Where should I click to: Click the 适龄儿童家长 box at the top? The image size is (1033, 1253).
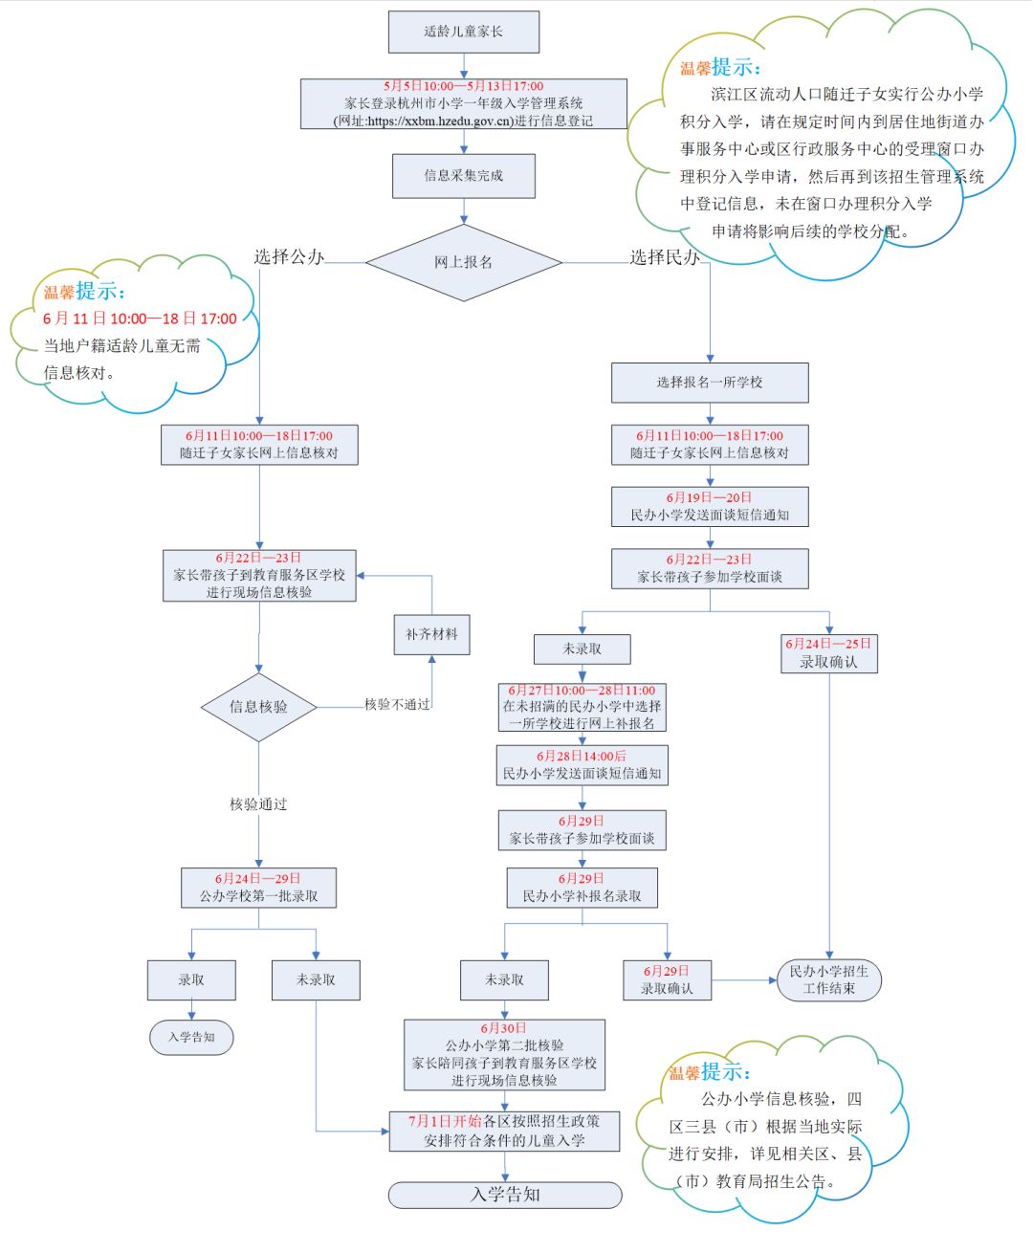464,32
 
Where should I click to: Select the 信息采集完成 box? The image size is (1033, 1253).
464,176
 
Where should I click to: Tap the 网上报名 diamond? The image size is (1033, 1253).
464,262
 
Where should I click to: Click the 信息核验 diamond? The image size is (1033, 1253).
258,707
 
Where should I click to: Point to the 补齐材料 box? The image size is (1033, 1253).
431,634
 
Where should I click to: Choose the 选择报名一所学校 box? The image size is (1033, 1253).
710,383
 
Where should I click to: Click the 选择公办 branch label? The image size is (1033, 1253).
289,256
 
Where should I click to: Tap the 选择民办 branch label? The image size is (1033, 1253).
665,256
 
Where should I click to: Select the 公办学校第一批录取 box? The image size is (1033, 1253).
258,888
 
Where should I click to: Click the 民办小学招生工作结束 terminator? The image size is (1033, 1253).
828,979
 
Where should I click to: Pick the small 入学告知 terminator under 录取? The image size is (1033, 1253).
191,1037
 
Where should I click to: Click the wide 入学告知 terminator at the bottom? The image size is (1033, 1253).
505,1195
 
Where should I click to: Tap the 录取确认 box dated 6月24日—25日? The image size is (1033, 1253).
828,653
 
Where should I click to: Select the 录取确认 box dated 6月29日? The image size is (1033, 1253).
667,979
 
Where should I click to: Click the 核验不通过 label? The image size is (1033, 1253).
397,704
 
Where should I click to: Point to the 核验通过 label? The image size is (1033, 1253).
258,804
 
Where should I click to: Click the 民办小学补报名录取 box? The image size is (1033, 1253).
582,888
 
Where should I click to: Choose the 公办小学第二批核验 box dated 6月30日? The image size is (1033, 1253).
504,1054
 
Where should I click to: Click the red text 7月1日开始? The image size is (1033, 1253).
445,1121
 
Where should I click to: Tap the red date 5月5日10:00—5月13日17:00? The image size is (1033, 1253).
464,86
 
